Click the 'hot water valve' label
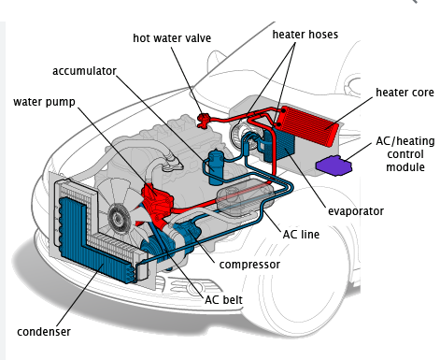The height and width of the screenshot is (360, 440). pyautogui.click(x=172, y=38)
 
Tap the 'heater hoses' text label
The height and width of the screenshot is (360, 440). pyautogui.click(x=305, y=35)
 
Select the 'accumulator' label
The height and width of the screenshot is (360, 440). pyautogui.click(x=84, y=71)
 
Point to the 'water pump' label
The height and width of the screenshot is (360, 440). pyautogui.click(x=44, y=102)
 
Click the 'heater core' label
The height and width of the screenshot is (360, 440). pyautogui.click(x=405, y=93)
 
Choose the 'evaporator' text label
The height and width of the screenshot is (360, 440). pyautogui.click(x=356, y=211)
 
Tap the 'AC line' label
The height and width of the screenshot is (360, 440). pyautogui.click(x=301, y=235)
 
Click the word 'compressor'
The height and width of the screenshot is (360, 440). pyautogui.click(x=249, y=265)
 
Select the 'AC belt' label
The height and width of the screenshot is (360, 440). pyautogui.click(x=223, y=300)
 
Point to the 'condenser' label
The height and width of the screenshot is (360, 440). pyautogui.click(x=44, y=332)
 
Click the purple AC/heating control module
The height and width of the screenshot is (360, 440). pyautogui.click(x=334, y=166)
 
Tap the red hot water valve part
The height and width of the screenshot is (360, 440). pyautogui.click(x=204, y=120)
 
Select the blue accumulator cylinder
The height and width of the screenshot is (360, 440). pyautogui.click(x=216, y=167)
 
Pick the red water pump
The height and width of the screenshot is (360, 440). pyautogui.click(x=157, y=201)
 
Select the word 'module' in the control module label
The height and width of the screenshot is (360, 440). pyautogui.click(x=405, y=167)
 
